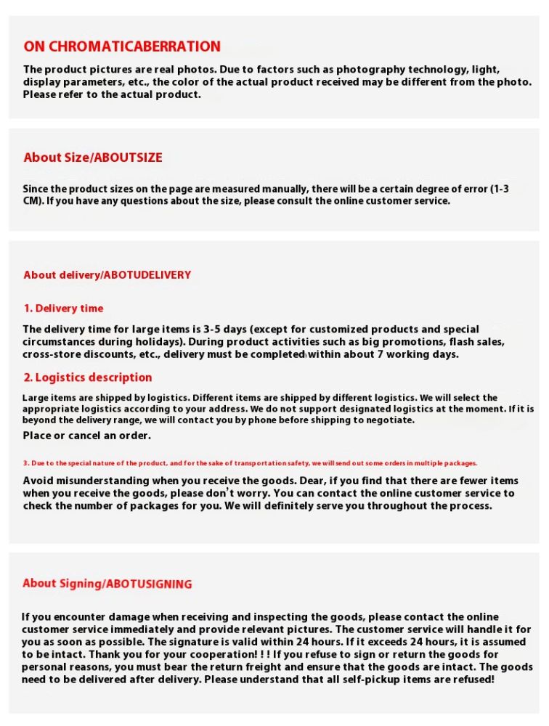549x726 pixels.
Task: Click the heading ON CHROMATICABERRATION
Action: (x=122, y=46)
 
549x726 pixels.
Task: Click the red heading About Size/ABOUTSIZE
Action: (x=93, y=158)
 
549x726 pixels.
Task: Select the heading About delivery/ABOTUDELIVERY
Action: (x=107, y=275)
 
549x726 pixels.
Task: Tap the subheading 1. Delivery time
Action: (x=63, y=309)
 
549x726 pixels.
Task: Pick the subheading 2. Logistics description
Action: (x=87, y=378)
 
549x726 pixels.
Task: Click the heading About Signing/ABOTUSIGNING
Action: (x=107, y=584)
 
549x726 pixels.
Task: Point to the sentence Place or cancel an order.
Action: (x=86, y=436)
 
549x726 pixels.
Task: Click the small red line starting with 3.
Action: (x=250, y=463)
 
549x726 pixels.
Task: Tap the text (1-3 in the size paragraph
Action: (x=499, y=189)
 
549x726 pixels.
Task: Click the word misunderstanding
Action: (x=107, y=481)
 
